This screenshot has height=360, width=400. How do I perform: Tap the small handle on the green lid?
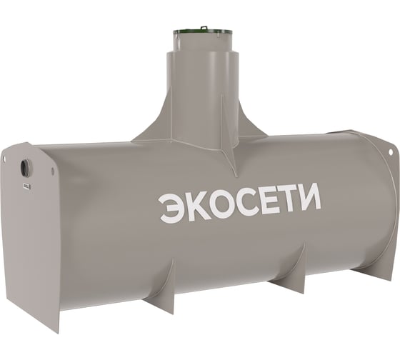coord(204,27)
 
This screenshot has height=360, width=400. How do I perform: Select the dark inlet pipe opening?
coord(26,168)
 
